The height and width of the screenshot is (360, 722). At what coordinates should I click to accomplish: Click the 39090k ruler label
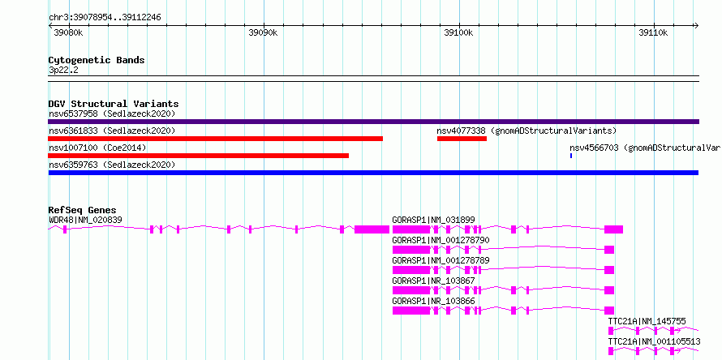click(264, 32)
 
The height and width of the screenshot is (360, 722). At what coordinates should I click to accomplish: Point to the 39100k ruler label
click(458, 32)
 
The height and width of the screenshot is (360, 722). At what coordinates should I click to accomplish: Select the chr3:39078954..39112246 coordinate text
click(105, 18)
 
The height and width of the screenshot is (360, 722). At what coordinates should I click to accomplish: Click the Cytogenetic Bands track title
click(97, 60)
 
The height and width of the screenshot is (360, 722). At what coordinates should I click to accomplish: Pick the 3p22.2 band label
click(63, 71)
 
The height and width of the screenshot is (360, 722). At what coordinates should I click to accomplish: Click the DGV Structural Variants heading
click(114, 104)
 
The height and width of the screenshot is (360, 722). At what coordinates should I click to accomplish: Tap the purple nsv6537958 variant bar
click(373, 122)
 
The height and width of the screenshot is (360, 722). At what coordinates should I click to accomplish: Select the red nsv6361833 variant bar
click(215, 139)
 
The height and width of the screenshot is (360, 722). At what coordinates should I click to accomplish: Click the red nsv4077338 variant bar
click(462, 139)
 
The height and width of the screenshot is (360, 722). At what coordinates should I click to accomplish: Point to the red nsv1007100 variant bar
click(198, 156)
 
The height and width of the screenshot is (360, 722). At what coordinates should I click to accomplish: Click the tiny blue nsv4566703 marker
click(571, 156)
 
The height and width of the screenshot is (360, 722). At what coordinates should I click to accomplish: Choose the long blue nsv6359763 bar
click(373, 173)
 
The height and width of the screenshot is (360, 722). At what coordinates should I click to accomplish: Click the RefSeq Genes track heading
click(83, 210)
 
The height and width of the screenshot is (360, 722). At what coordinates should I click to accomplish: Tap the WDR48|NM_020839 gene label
click(86, 220)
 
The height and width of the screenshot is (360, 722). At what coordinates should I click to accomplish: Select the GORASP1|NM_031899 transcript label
click(433, 220)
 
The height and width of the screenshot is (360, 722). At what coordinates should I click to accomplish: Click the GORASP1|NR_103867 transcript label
click(433, 281)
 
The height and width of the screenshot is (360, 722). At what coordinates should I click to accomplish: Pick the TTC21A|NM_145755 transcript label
click(647, 321)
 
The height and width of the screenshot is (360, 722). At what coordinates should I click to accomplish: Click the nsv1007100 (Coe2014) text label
click(97, 148)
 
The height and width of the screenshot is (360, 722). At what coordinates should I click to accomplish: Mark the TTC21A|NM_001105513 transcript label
click(655, 341)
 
